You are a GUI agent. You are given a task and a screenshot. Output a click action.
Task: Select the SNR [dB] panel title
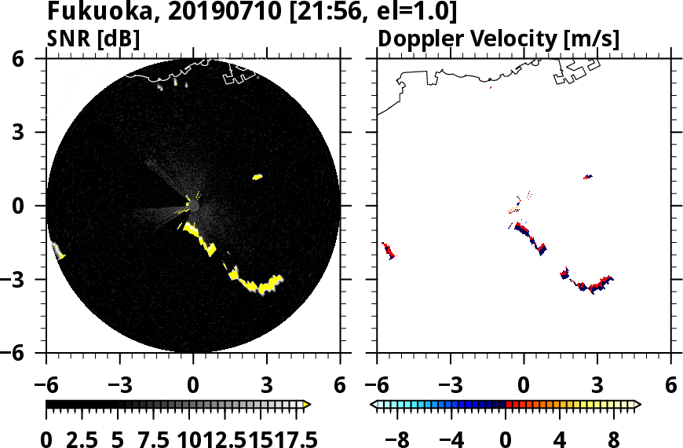tap(93, 39)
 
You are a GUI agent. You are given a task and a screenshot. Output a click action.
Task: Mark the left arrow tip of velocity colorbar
tap(373, 405)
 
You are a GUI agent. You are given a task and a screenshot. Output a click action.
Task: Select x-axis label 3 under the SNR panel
tap(266, 386)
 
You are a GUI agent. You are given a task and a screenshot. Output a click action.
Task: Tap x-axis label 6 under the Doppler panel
tap(670, 386)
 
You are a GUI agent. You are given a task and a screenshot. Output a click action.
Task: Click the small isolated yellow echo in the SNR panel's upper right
tap(257, 177)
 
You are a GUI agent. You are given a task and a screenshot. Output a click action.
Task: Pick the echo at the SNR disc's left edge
tap(58, 252)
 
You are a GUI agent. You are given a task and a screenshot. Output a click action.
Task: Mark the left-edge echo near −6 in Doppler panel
tap(388, 251)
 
